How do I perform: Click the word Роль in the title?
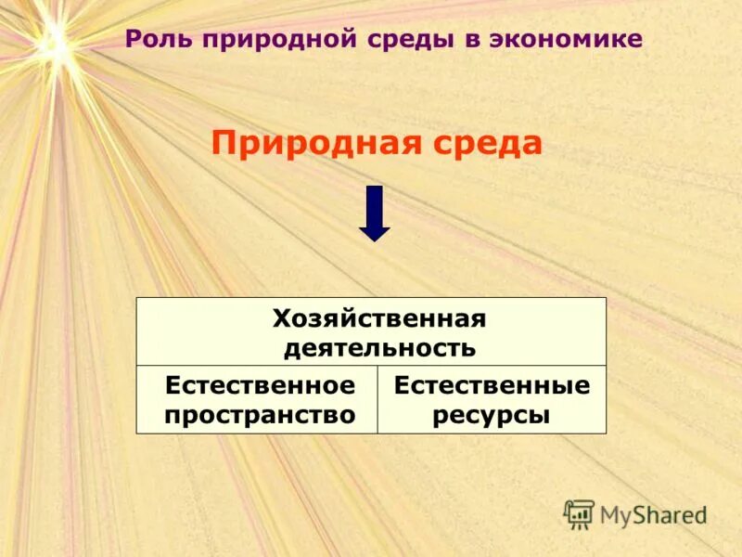point(158,40)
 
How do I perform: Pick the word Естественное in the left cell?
point(260,385)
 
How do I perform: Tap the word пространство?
point(260,415)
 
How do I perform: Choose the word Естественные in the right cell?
point(492,385)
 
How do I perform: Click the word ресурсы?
point(492,415)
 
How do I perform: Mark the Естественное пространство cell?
point(257,399)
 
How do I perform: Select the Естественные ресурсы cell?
point(492,399)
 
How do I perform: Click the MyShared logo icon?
point(579,512)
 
